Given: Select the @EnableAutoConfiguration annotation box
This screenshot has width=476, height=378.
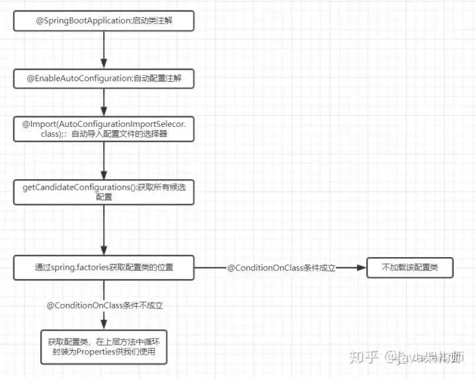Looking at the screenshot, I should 104,79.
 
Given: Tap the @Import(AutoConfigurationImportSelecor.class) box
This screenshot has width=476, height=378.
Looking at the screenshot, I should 104,130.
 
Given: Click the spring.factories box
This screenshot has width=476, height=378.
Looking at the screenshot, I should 104,268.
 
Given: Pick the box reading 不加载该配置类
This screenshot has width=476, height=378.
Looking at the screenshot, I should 410,268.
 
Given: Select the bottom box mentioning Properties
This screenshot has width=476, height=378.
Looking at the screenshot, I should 104,346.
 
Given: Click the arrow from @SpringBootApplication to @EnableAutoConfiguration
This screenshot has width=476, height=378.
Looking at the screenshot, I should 104,50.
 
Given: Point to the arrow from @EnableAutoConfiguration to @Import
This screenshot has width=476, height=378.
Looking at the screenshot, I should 104,103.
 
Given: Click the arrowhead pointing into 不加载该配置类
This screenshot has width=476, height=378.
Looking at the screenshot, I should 361,268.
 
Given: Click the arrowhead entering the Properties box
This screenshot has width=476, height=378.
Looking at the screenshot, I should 104,324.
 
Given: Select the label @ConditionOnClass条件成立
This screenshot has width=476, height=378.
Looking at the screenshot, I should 282,268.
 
